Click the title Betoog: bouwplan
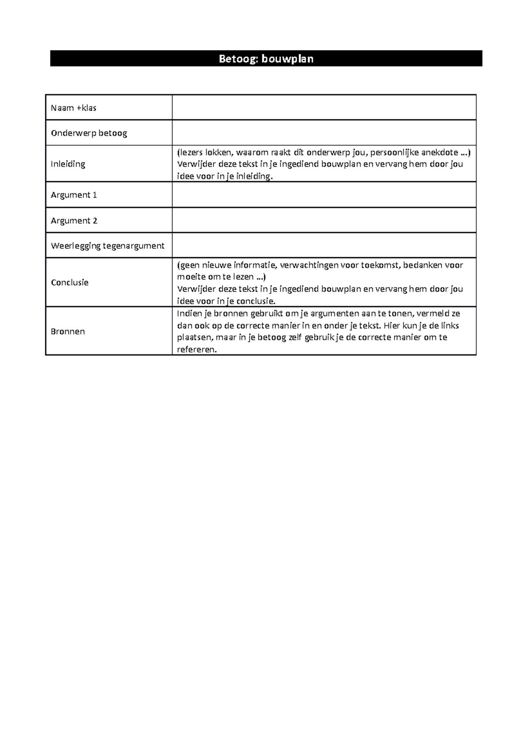coord(266,59)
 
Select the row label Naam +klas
coord(74,108)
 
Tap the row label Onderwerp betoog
coord(89,133)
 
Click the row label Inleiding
coord(68,164)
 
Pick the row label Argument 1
coord(74,195)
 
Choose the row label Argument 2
coord(74,220)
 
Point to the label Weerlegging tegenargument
coord(107,246)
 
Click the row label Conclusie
coord(70,282)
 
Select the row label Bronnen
coord(68,331)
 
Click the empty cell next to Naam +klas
coord(324,108)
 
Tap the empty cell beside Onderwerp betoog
coord(324,133)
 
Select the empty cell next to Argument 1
coord(324,195)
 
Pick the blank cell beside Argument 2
coord(324,220)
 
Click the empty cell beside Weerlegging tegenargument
coord(324,246)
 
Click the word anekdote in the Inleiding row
coord(439,153)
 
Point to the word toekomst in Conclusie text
coord(380,265)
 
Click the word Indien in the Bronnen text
coord(189,314)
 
